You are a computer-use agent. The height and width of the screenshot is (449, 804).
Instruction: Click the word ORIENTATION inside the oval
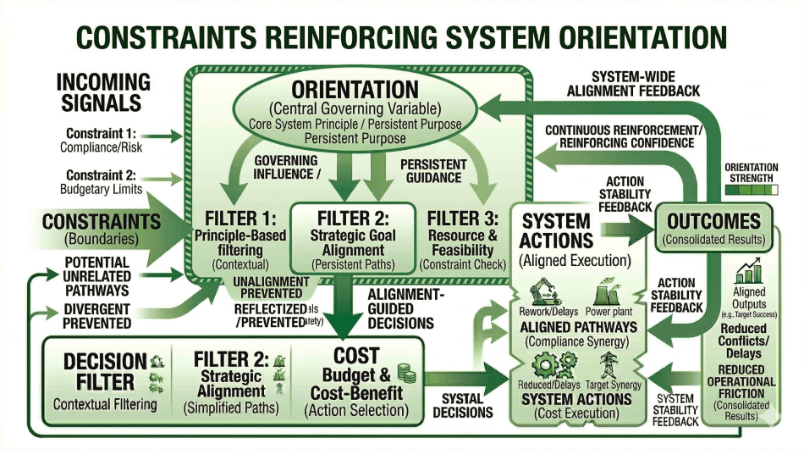tap(355, 90)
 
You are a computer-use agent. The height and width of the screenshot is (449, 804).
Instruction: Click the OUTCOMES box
tap(713, 228)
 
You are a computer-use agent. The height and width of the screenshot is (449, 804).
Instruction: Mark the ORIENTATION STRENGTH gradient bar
tap(751, 191)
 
